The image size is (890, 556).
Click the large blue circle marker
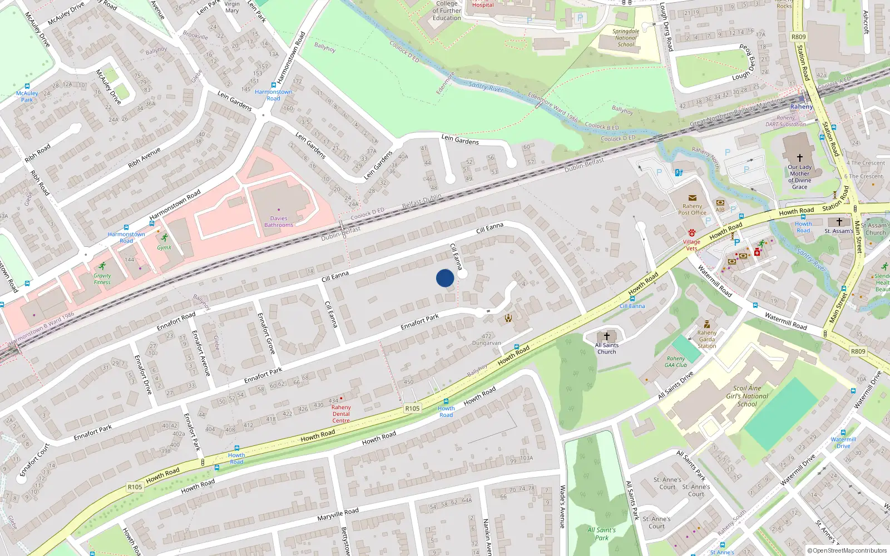(x=445, y=278)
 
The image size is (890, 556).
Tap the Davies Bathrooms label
(x=279, y=222)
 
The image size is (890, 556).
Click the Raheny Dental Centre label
(x=341, y=414)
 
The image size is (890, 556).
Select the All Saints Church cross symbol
(x=606, y=336)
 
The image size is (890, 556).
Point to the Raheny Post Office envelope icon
(x=693, y=197)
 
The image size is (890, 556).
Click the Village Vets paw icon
(x=692, y=232)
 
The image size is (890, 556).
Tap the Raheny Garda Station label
(x=706, y=339)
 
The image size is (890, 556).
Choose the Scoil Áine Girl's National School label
(x=747, y=396)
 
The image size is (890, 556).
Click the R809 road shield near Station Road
(x=798, y=37)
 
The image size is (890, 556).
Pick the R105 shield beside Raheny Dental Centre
(x=412, y=408)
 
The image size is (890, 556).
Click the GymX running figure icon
(x=164, y=238)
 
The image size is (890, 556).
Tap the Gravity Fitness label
(x=102, y=279)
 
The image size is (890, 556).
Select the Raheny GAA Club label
(x=676, y=362)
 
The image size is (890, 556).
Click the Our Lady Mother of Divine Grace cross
(x=799, y=158)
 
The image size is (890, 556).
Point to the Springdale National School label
(x=626, y=38)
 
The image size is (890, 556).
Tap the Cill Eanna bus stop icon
(x=632, y=299)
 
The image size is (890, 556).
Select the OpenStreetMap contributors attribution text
(x=847, y=550)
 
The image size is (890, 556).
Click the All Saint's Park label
(x=602, y=534)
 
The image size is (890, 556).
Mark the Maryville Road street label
(x=338, y=515)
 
